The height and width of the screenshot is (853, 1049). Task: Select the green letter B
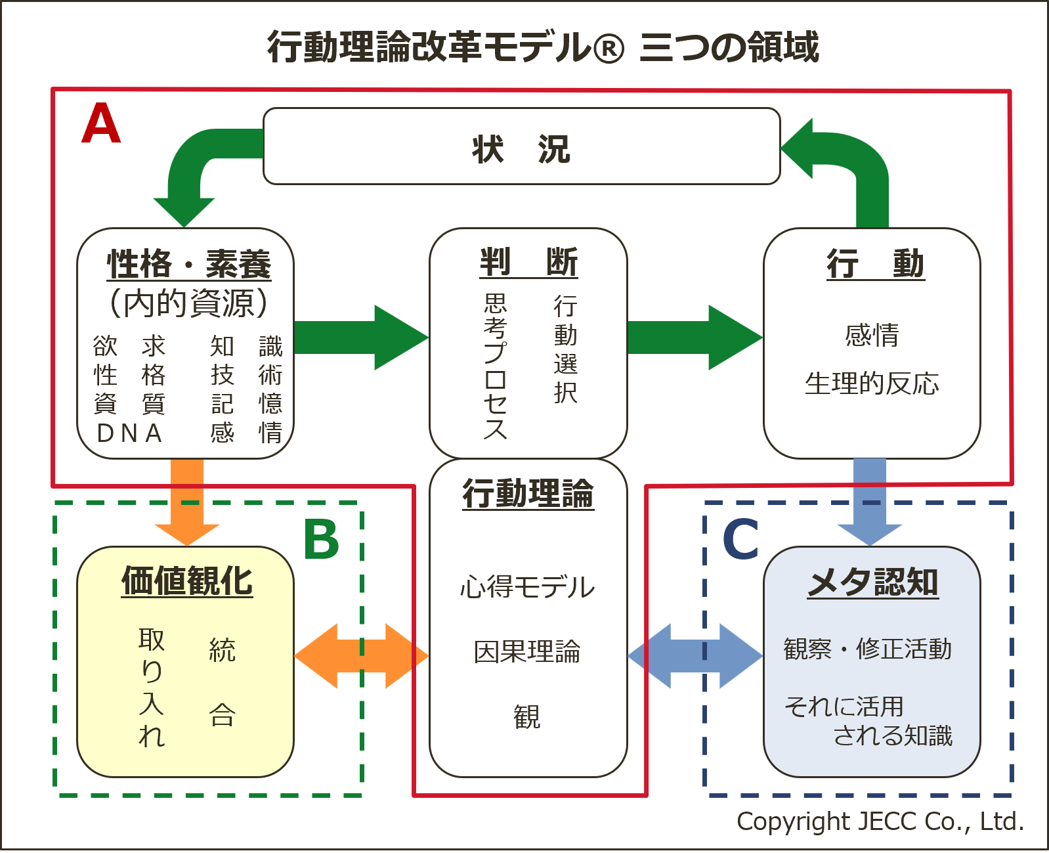[321, 540]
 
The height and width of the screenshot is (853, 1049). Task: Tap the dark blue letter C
[740, 540]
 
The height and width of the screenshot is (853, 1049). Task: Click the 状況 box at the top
[521, 147]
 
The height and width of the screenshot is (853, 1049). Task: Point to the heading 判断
[528, 263]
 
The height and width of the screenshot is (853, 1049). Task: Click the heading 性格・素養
[188, 264]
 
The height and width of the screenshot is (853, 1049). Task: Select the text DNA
[129, 433]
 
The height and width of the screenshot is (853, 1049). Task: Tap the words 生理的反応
[872, 383]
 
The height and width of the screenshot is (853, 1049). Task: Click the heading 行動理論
[528, 493]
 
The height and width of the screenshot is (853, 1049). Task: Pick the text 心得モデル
[528, 587]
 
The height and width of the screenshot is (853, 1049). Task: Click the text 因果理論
[528, 651]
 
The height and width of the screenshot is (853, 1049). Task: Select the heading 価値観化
[187, 581]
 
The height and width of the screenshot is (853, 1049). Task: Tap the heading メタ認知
[872, 582]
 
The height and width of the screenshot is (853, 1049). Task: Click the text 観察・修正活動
[867, 649]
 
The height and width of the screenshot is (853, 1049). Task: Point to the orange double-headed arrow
[361, 656]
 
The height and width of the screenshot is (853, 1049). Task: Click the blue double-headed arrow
[695, 656]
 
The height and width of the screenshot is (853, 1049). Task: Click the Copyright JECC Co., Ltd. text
[880, 821]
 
